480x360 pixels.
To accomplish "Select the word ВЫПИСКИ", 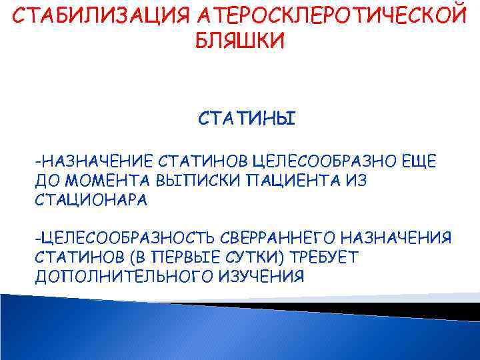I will point(189,180).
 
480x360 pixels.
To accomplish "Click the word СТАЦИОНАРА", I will point(91,199).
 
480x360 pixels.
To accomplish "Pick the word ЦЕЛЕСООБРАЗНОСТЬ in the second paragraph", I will point(127,238).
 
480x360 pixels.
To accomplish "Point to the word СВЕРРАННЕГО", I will point(283,238).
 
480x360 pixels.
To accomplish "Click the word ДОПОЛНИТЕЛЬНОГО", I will point(125,277).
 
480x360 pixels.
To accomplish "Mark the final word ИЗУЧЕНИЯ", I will point(261,277).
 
